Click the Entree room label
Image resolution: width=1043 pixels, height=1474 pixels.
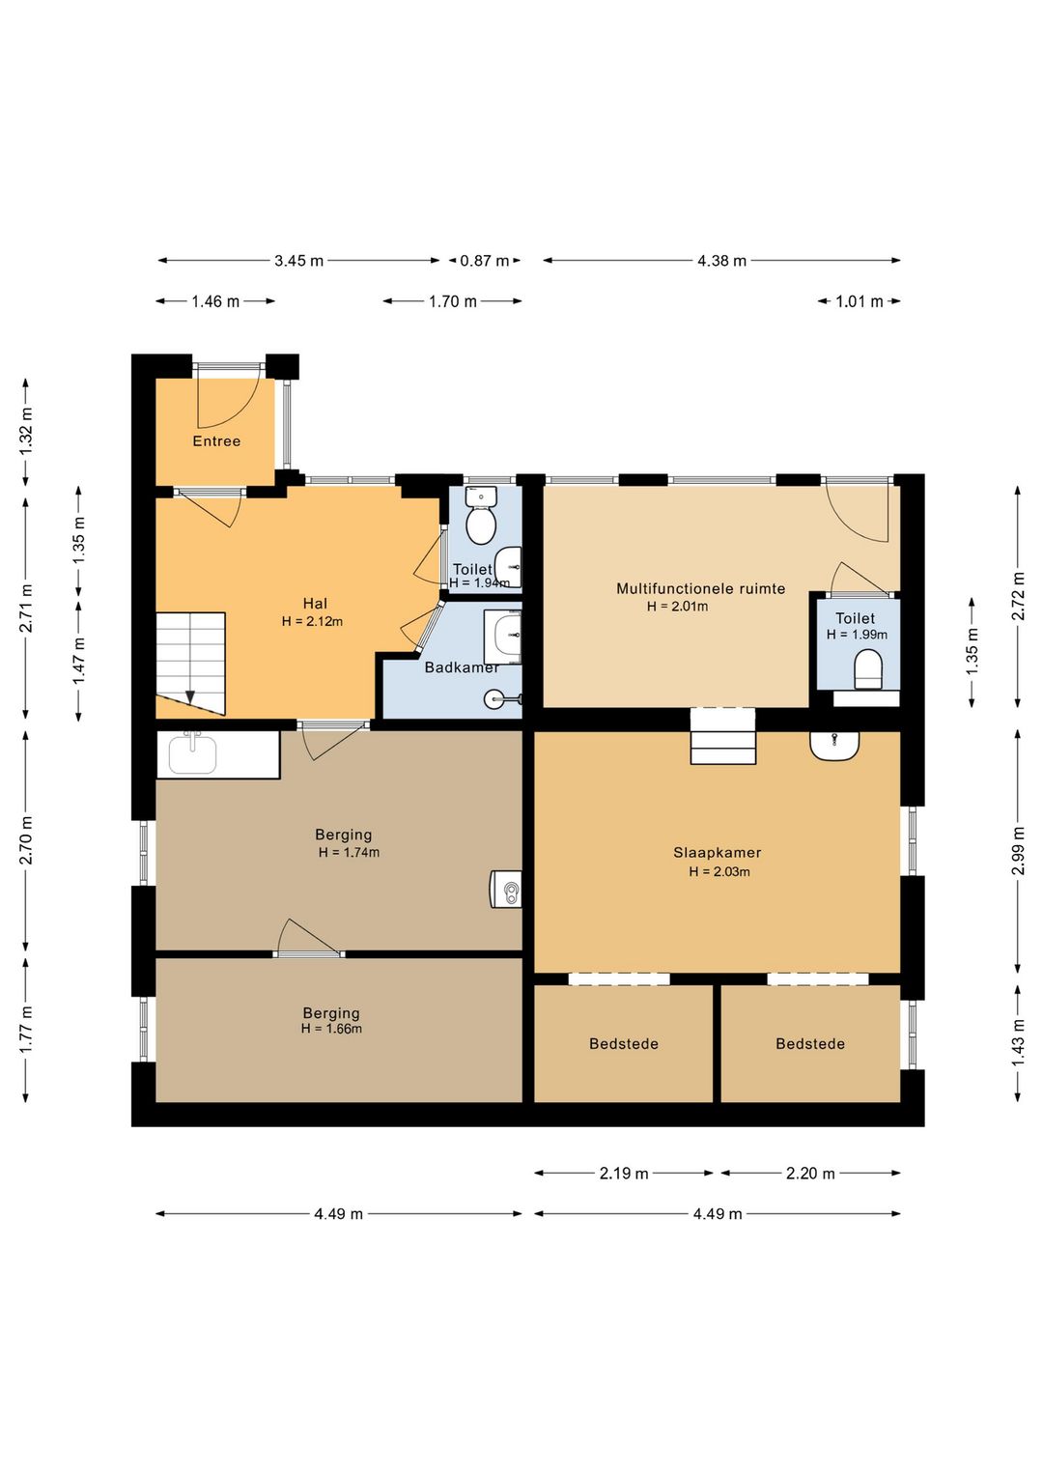pyautogui.click(x=215, y=440)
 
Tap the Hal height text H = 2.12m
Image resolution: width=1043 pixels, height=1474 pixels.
pyautogui.click(x=312, y=621)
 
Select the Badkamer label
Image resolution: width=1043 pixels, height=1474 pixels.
pyautogui.click(x=462, y=667)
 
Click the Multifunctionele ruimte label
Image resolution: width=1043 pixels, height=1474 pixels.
pyautogui.click(x=701, y=588)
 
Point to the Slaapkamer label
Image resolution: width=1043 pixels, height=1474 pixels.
pyautogui.click(x=718, y=852)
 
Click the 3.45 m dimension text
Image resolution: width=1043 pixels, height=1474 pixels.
pyautogui.click(x=298, y=261)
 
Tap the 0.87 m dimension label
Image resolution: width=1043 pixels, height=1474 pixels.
pyautogui.click(x=485, y=261)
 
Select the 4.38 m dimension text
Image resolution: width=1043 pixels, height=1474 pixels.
pyautogui.click(x=721, y=261)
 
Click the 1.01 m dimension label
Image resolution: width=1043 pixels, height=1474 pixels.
pyautogui.click(x=860, y=301)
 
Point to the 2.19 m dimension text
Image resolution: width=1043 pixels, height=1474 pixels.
pyautogui.click(x=624, y=1174)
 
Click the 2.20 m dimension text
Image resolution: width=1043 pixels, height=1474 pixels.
pyautogui.click(x=810, y=1174)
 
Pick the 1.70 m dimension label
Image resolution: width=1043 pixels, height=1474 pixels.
pyautogui.click(x=453, y=301)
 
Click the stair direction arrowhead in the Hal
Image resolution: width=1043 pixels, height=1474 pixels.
pyautogui.click(x=190, y=696)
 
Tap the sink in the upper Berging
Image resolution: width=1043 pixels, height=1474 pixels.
pyautogui.click(x=192, y=754)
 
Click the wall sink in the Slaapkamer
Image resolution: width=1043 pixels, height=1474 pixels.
pyautogui.click(x=834, y=746)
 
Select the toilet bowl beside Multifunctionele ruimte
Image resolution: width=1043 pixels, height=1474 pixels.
pyautogui.click(x=867, y=670)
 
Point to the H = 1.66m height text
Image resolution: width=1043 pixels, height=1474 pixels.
pyautogui.click(x=331, y=1028)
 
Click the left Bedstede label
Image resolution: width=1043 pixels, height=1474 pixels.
pyautogui.click(x=624, y=1043)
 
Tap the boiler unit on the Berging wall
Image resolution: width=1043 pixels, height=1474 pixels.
pyautogui.click(x=506, y=890)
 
